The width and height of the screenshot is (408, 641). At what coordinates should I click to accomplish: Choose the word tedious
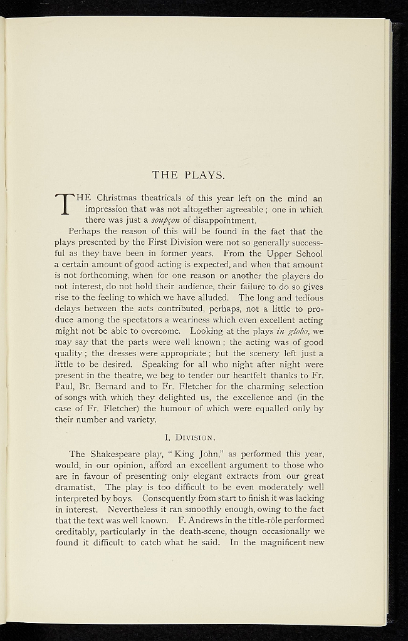click(x=305, y=299)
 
